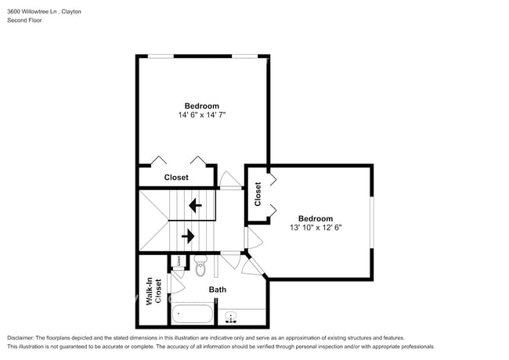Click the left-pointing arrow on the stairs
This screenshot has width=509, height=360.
coord(194,205)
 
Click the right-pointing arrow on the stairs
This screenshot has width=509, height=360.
coord(188,235)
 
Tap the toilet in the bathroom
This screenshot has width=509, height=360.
coord(200,268)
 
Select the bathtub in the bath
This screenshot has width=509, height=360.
coord(192,315)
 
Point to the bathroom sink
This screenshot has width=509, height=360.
coord(231,317)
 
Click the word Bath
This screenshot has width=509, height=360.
coord(218,290)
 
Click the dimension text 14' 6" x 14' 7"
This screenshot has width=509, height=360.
coord(202,115)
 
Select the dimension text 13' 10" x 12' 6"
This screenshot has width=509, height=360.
coord(315,228)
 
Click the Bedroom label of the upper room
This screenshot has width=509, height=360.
coord(202,106)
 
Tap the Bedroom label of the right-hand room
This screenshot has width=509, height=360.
coord(315,218)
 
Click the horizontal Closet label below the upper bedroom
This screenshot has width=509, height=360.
coord(176,178)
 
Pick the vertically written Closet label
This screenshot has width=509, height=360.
coord(257,194)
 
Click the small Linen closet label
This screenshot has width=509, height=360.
coord(178,261)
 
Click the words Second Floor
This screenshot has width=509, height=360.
coord(25,21)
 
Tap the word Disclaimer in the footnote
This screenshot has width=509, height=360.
coord(21,337)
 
